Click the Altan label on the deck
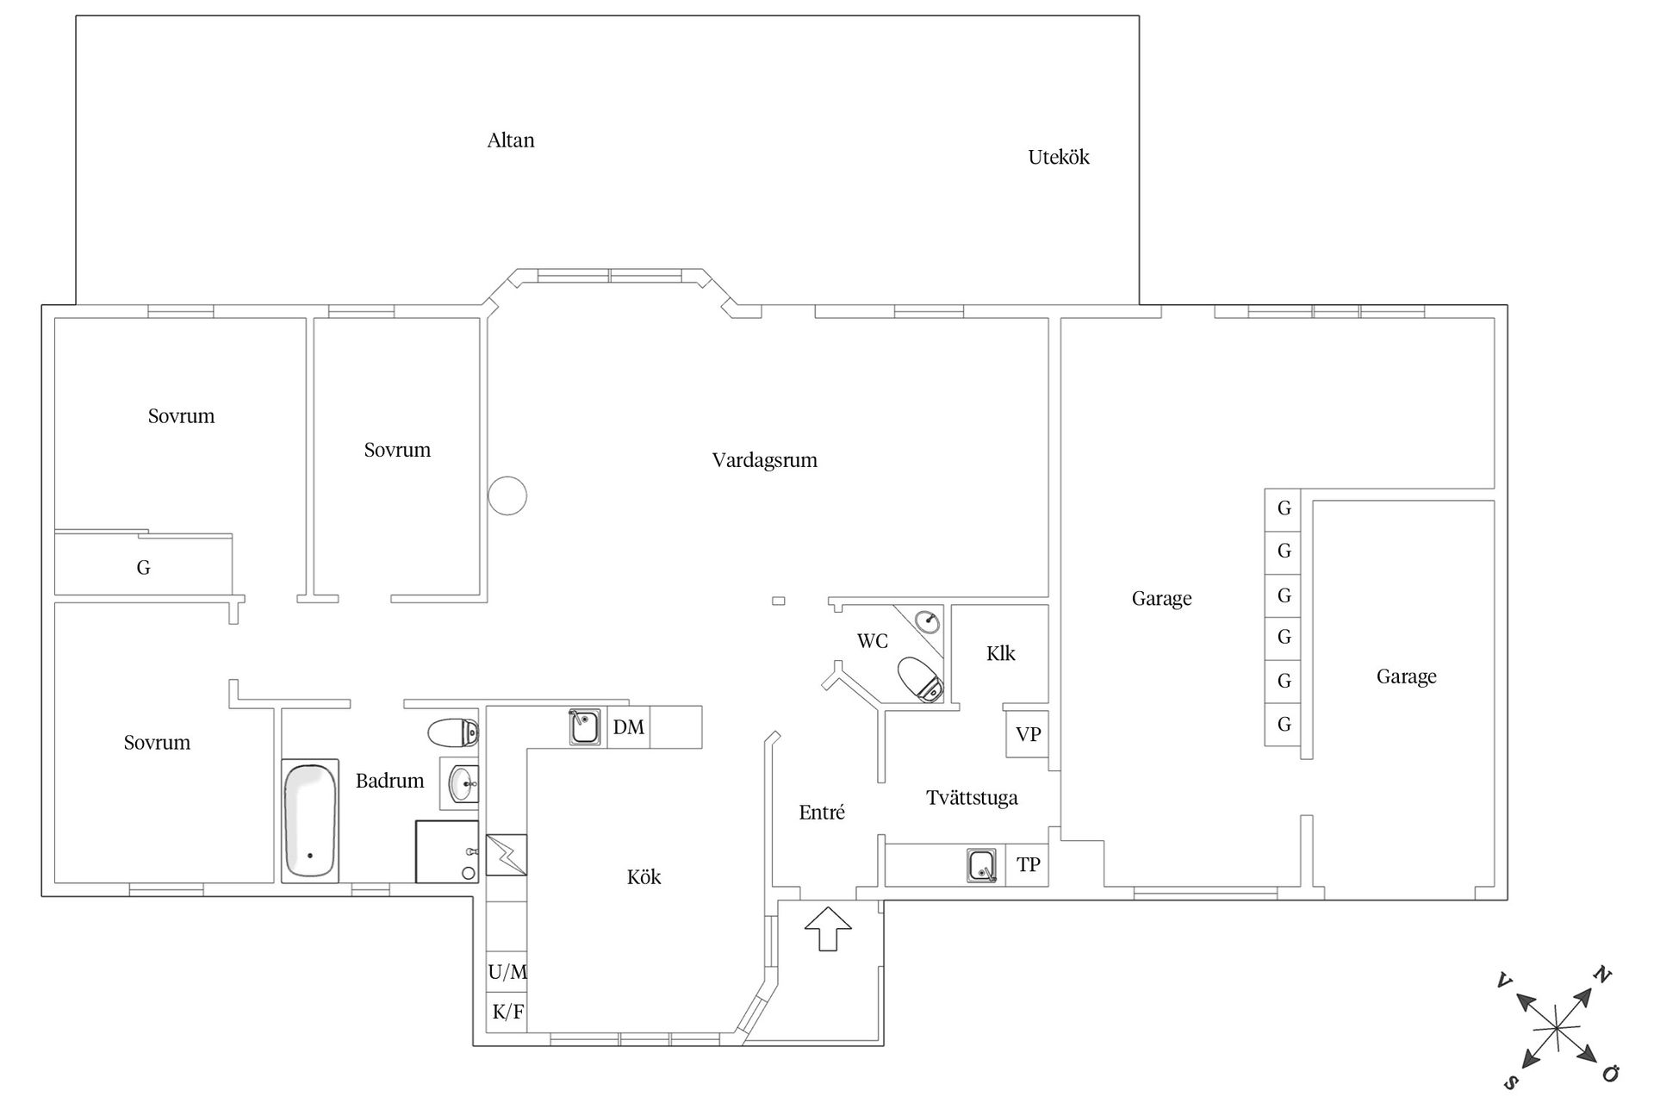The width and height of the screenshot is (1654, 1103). [x=511, y=140]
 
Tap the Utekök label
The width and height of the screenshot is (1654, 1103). [x=1059, y=157]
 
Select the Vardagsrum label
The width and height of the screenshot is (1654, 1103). [x=765, y=460]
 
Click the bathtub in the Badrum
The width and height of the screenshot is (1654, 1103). [x=310, y=820]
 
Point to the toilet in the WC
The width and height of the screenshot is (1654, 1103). [x=920, y=679]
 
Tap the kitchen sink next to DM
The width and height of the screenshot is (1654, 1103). [x=584, y=726]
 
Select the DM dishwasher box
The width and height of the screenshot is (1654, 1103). [x=629, y=727]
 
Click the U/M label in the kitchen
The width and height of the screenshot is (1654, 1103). [x=507, y=973]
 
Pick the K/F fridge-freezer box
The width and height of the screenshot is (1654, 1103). [x=507, y=1012]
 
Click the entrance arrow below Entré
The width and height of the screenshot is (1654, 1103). [x=828, y=929]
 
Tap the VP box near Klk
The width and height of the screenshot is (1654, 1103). [x=1028, y=735]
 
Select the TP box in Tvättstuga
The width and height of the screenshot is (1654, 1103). [x=1028, y=864]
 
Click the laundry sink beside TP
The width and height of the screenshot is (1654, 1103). [x=981, y=865]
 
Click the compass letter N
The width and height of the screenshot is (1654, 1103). [x=1601, y=975]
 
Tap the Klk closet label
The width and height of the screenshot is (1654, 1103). [x=1001, y=653]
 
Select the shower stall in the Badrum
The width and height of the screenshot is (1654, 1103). [x=447, y=851]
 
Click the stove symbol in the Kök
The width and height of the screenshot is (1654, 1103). [x=507, y=855]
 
